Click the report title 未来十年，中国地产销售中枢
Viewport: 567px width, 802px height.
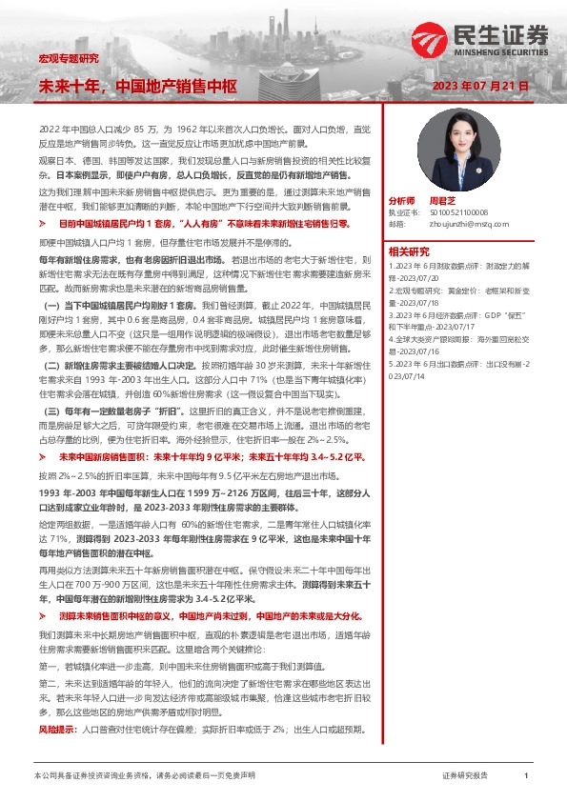(136, 85)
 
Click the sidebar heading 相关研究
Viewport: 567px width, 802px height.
(411, 251)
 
